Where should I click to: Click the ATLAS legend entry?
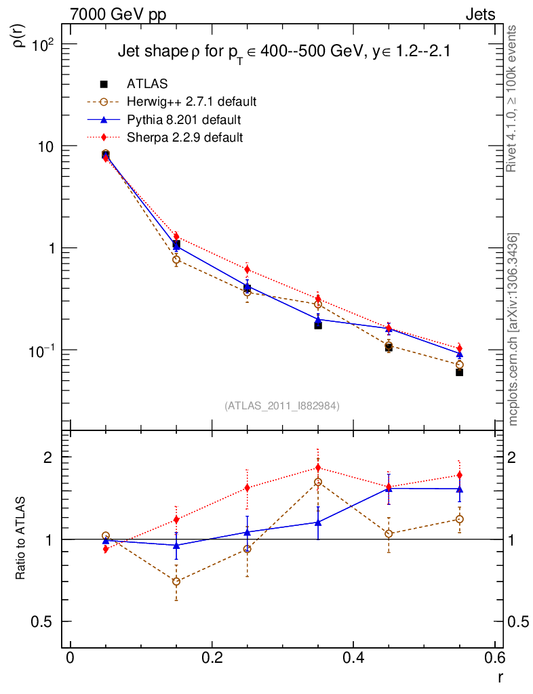(x=147, y=84)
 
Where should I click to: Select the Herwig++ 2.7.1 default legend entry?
(x=191, y=102)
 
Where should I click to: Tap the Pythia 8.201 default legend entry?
(x=184, y=120)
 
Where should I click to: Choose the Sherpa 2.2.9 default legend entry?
(x=184, y=138)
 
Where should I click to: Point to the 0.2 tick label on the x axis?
(x=212, y=658)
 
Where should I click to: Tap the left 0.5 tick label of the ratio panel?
(x=45, y=621)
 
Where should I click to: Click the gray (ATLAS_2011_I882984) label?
(x=281, y=405)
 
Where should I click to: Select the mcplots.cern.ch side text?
(x=513, y=329)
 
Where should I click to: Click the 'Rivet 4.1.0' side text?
(x=513, y=98)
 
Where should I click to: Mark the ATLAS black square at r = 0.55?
(x=460, y=372)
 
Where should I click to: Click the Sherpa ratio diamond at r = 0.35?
(x=318, y=468)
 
